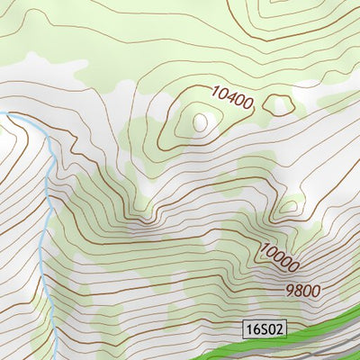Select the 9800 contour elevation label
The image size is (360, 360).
pos(303,291)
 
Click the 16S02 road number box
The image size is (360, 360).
pos(265,329)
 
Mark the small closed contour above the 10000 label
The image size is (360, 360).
pos(288,208)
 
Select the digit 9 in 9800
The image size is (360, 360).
pos(290,291)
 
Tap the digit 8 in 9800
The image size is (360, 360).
pos(299,291)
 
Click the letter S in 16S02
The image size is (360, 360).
pos(265,329)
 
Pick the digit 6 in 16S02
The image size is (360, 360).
pos(256,329)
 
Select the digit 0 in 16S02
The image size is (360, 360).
pos(272,329)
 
